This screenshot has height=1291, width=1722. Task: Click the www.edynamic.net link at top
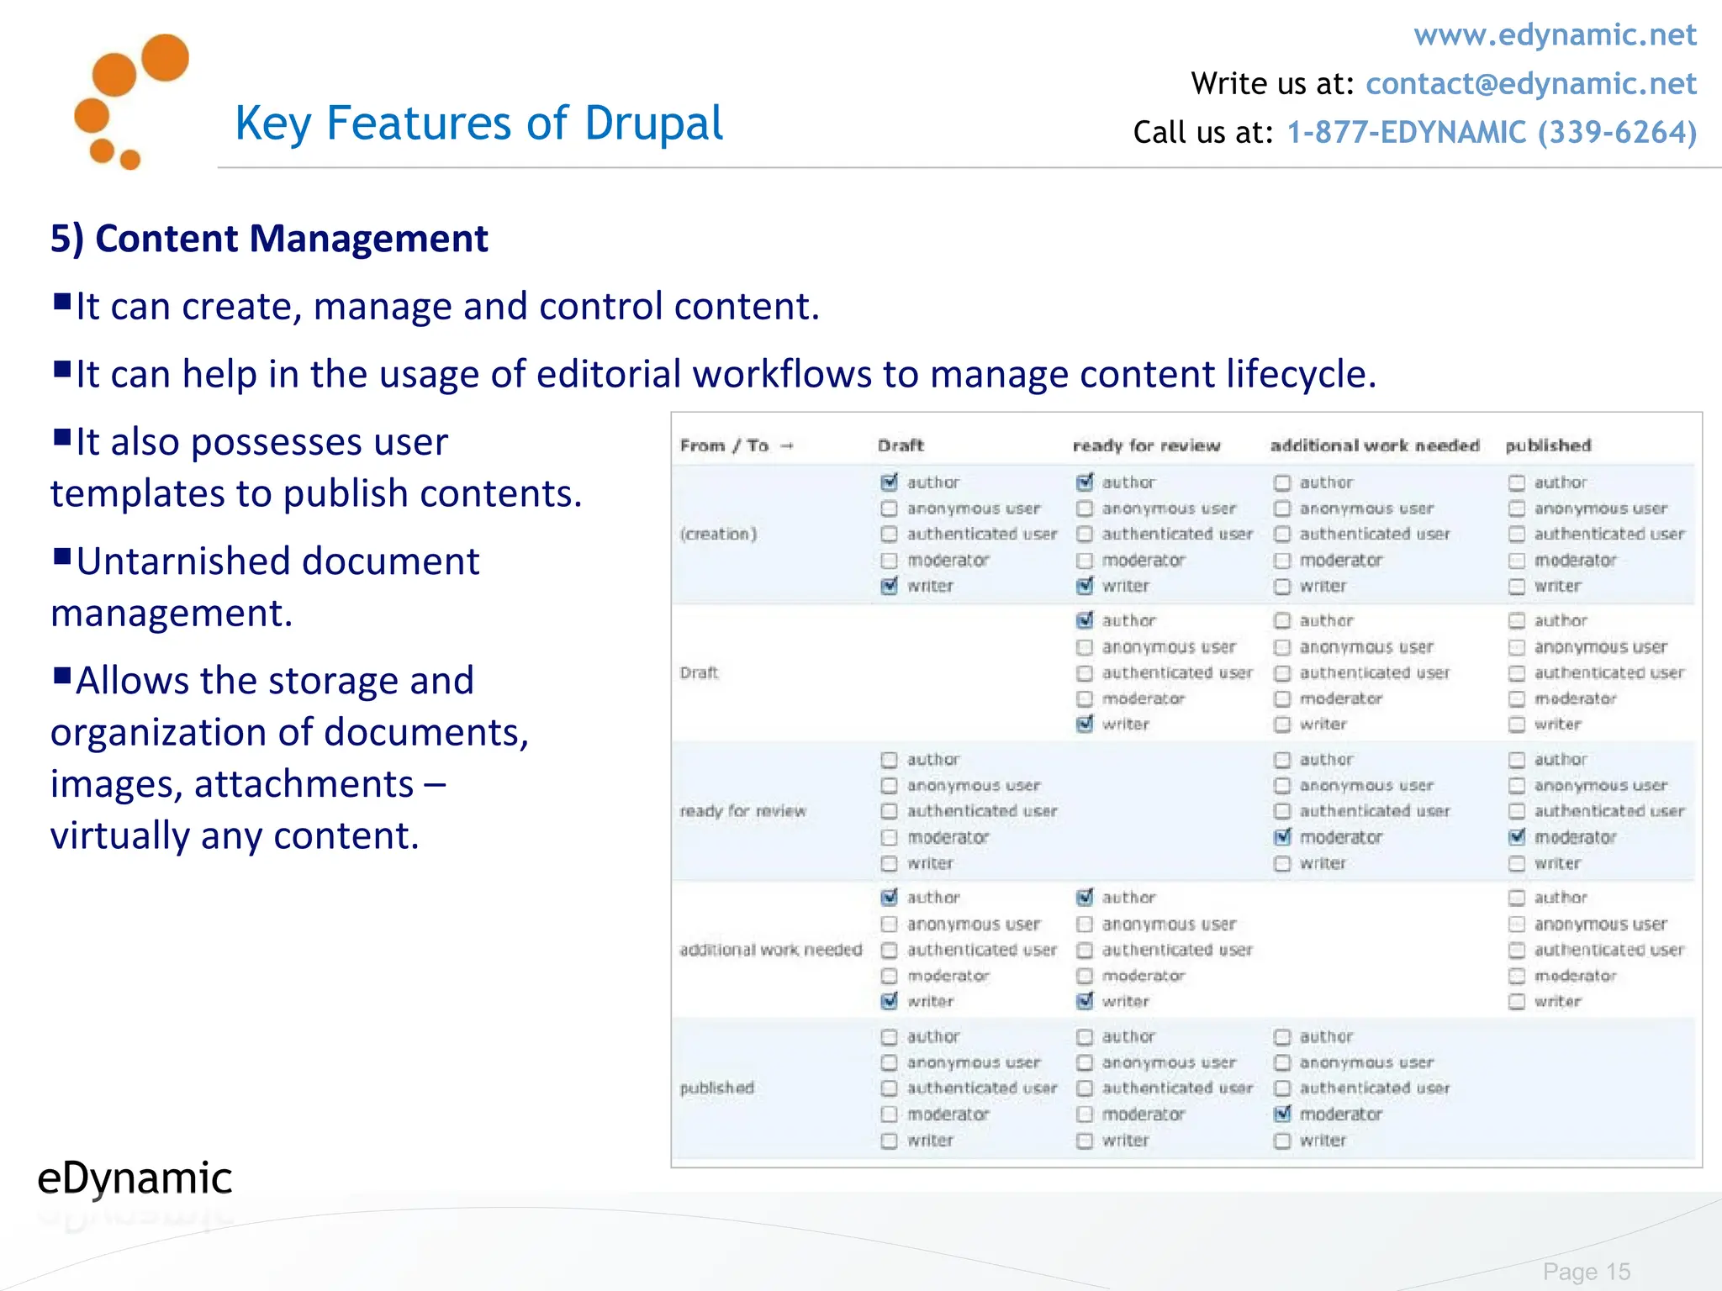[1554, 35]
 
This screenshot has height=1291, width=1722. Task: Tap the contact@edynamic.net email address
[1530, 84]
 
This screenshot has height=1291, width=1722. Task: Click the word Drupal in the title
[653, 124]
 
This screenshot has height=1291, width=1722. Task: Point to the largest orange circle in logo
[165, 57]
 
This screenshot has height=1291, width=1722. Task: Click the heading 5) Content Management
[269, 239]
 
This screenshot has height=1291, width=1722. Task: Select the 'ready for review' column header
[1145, 445]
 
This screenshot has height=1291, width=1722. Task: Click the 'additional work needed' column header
[1374, 445]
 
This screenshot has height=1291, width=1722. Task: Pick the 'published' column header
[1548, 445]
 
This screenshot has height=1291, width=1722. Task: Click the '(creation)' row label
[718, 534]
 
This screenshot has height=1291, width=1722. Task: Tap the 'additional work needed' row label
[770, 950]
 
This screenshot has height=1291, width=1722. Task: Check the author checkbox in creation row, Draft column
[889, 482]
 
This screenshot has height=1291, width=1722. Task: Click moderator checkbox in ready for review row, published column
[1517, 837]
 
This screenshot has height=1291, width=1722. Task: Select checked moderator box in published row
[1282, 1114]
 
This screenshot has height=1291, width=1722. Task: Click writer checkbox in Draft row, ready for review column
[1085, 724]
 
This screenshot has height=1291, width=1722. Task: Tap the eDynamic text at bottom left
[135, 1178]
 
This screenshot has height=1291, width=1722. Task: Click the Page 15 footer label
[1586, 1272]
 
